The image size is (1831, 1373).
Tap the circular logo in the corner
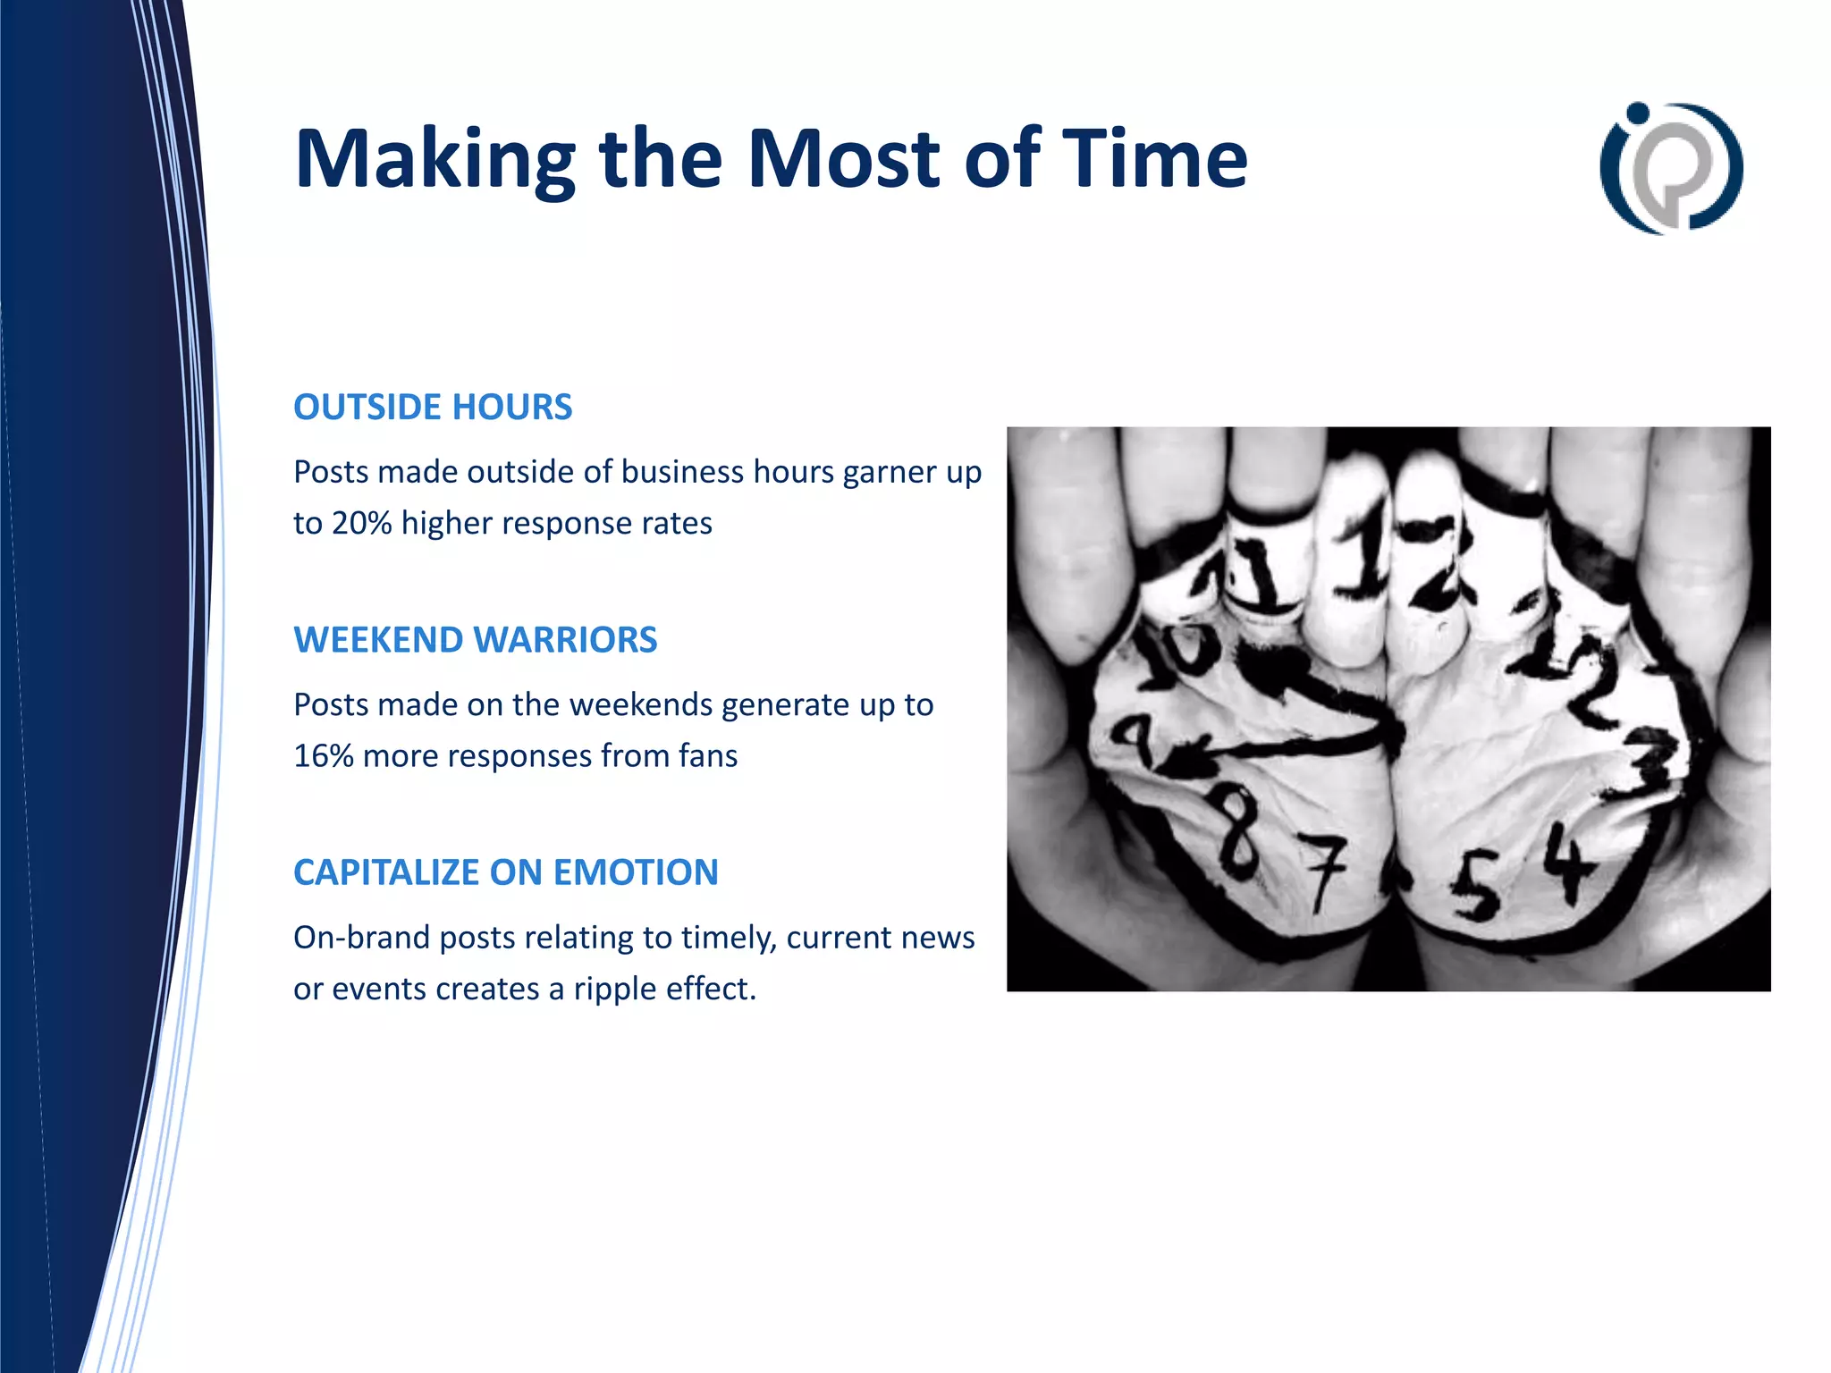(1671, 168)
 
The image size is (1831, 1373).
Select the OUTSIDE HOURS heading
(433, 408)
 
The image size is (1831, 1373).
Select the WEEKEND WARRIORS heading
(475, 640)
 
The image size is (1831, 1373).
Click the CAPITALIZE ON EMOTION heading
(505, 872)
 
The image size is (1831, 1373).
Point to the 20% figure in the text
(361, 523)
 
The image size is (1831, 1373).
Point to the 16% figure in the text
(324, 756)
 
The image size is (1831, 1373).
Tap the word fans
(707, 756)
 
